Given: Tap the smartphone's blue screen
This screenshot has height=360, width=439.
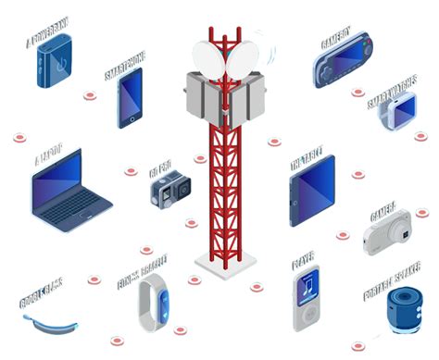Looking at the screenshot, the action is point(132,97).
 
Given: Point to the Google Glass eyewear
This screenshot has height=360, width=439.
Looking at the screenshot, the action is point(52,325).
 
